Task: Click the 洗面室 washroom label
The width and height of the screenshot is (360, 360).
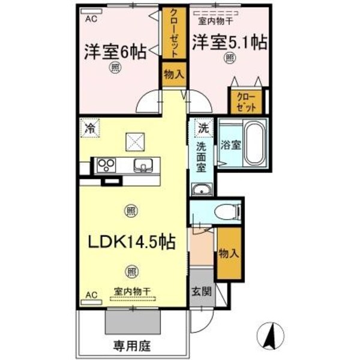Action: click(202, 157)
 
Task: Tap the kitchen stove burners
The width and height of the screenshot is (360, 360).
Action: click(106, 164)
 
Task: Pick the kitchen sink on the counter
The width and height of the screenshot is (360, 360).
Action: click(143, 165)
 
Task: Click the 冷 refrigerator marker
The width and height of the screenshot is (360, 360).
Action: click(91, 127)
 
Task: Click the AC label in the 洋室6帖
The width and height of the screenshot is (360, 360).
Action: click(90, 18)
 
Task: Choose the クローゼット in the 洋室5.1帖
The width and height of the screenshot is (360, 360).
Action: click(245, 102)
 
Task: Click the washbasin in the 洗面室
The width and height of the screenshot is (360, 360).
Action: click(200, 190)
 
